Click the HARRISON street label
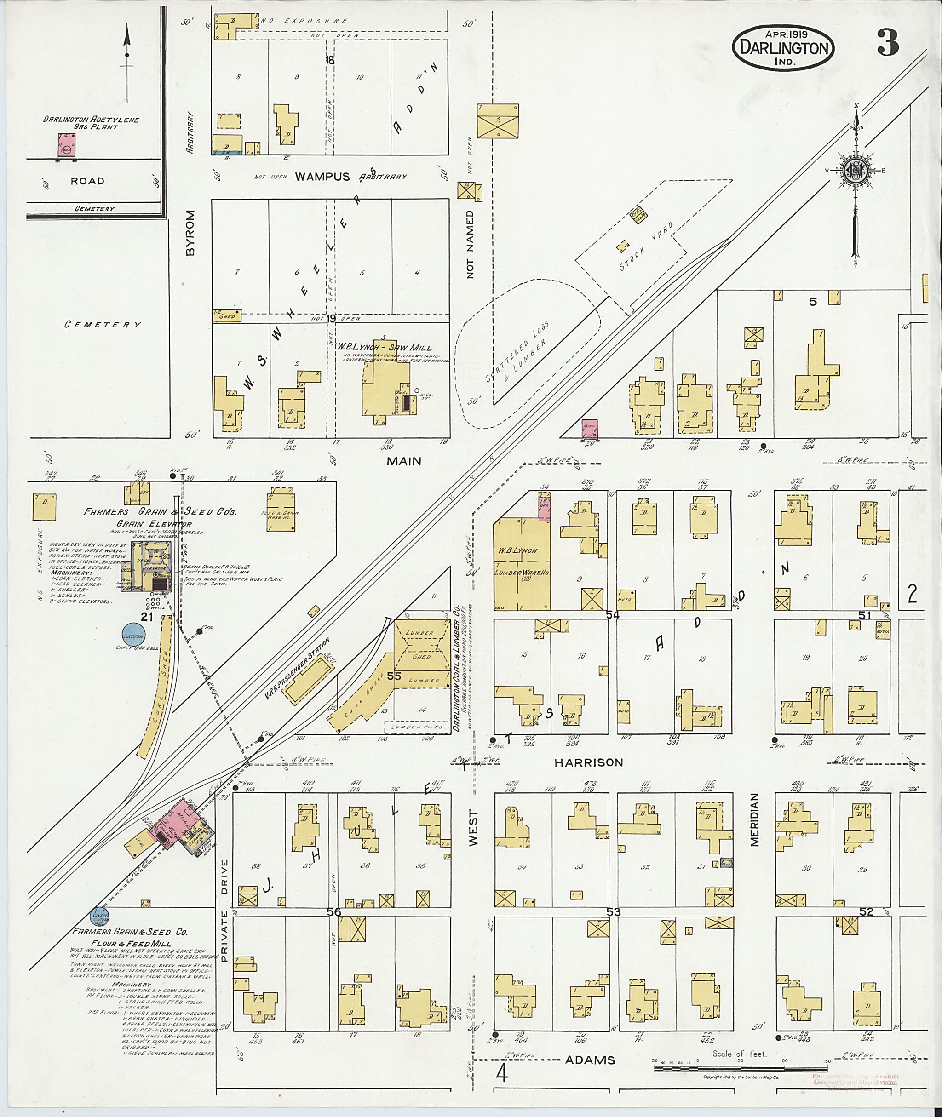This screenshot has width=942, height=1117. tap(588, 763)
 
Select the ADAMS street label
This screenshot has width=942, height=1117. tap(590, 1060)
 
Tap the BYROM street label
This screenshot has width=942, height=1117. tap(190, 233)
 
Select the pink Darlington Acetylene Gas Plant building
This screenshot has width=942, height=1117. tap(66, 145)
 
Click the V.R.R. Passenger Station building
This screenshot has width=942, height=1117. tap(305, 680)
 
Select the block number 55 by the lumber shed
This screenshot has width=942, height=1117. tap(394, 676)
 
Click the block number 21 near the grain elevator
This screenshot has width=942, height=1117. tap(147, 617)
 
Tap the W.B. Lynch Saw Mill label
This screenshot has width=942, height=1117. tap(384, 347)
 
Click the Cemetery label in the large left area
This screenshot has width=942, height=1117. tap(103, 324)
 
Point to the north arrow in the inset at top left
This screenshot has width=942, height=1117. tap(127, 59)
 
